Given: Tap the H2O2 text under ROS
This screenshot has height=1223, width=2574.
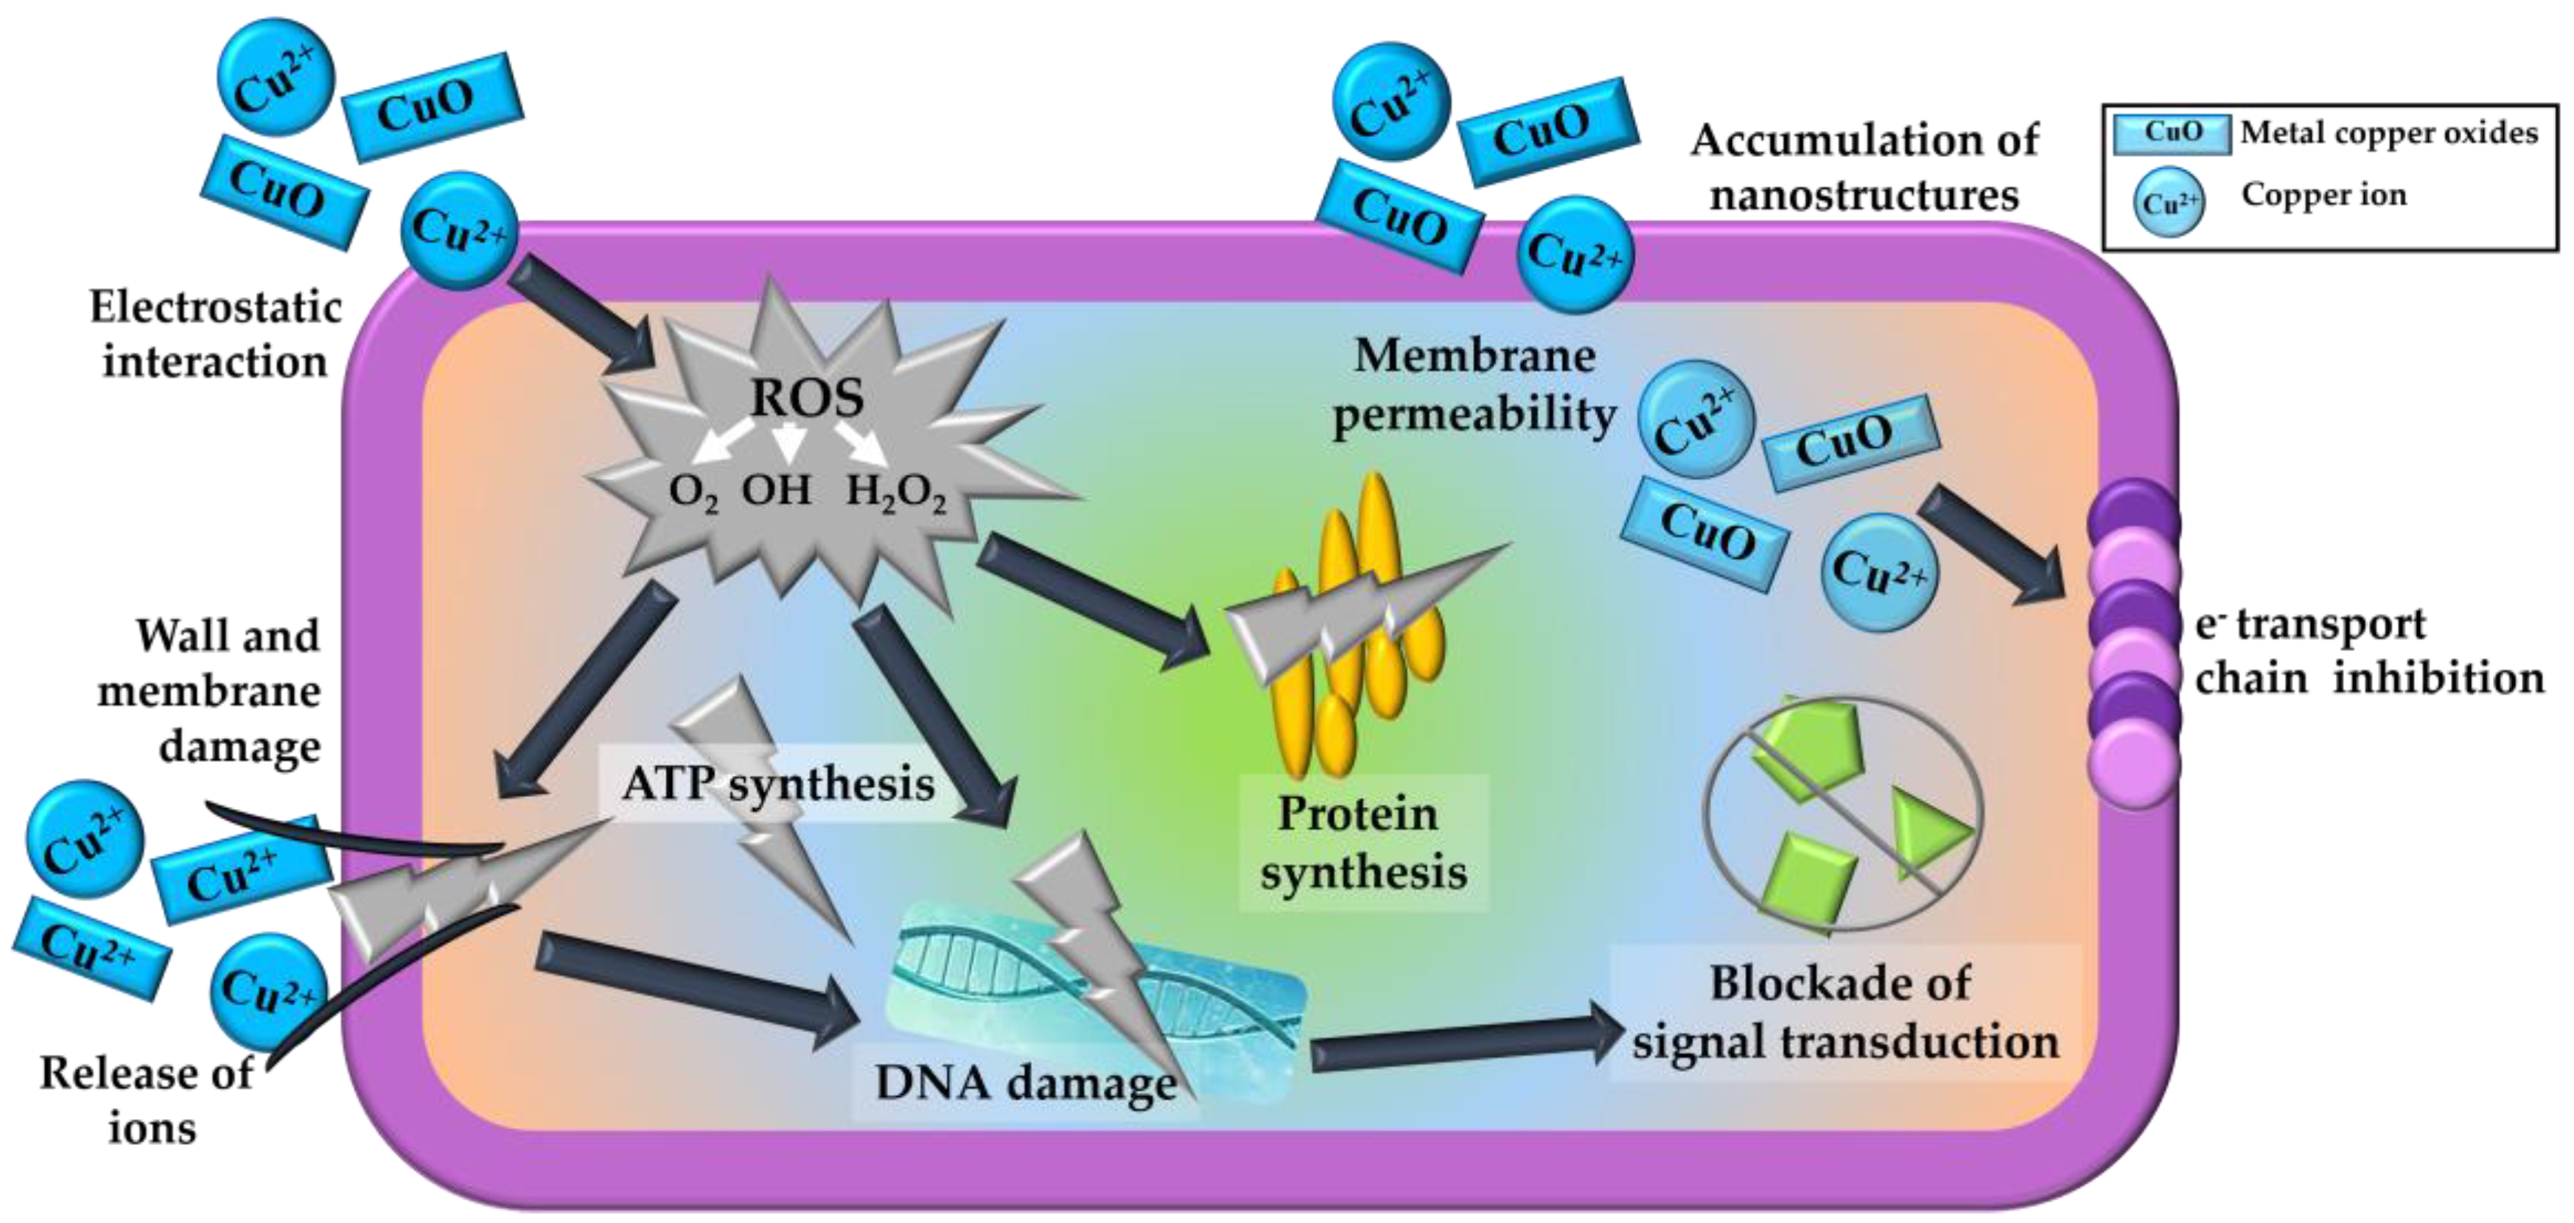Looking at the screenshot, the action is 896,493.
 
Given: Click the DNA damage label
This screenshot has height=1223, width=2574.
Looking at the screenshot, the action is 1027,1082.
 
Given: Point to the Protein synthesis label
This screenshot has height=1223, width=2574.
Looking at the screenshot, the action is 1364,842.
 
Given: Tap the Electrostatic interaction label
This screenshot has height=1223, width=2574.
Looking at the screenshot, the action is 216,334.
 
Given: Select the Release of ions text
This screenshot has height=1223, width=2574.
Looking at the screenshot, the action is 148,1100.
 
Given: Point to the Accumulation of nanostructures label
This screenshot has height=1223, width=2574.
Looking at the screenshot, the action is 1864,167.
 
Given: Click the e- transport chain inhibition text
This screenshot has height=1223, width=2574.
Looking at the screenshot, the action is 2369,651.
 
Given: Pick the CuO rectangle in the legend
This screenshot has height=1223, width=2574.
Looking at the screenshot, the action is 2172,133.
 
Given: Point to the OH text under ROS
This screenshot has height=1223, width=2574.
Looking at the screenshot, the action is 777,490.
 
